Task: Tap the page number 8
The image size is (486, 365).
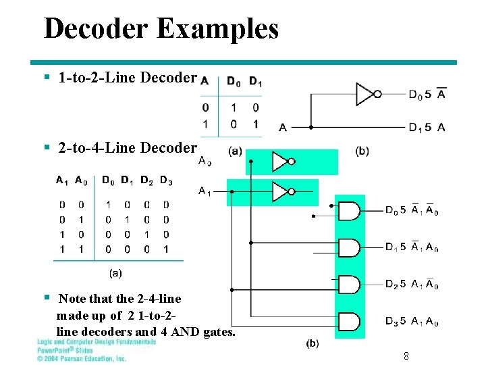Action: tap(406, 356)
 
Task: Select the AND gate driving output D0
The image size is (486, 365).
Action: tap(348, 212)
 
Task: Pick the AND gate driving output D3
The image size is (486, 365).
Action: tap(348, 321)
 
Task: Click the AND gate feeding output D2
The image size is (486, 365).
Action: tap(348, 285)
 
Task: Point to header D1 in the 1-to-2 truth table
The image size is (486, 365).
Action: tap(255, 82)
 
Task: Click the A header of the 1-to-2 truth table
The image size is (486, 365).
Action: tap(205, 82)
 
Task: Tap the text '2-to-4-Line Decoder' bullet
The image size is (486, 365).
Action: tap(128, 147)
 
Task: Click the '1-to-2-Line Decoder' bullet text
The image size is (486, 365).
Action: tap(128, 78)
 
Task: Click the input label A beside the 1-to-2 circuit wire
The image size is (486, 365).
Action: tap(282, 127)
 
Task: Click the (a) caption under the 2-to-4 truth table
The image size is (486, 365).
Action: tap(115, 273)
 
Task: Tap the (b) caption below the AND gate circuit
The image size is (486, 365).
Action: tap(313, 343)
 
